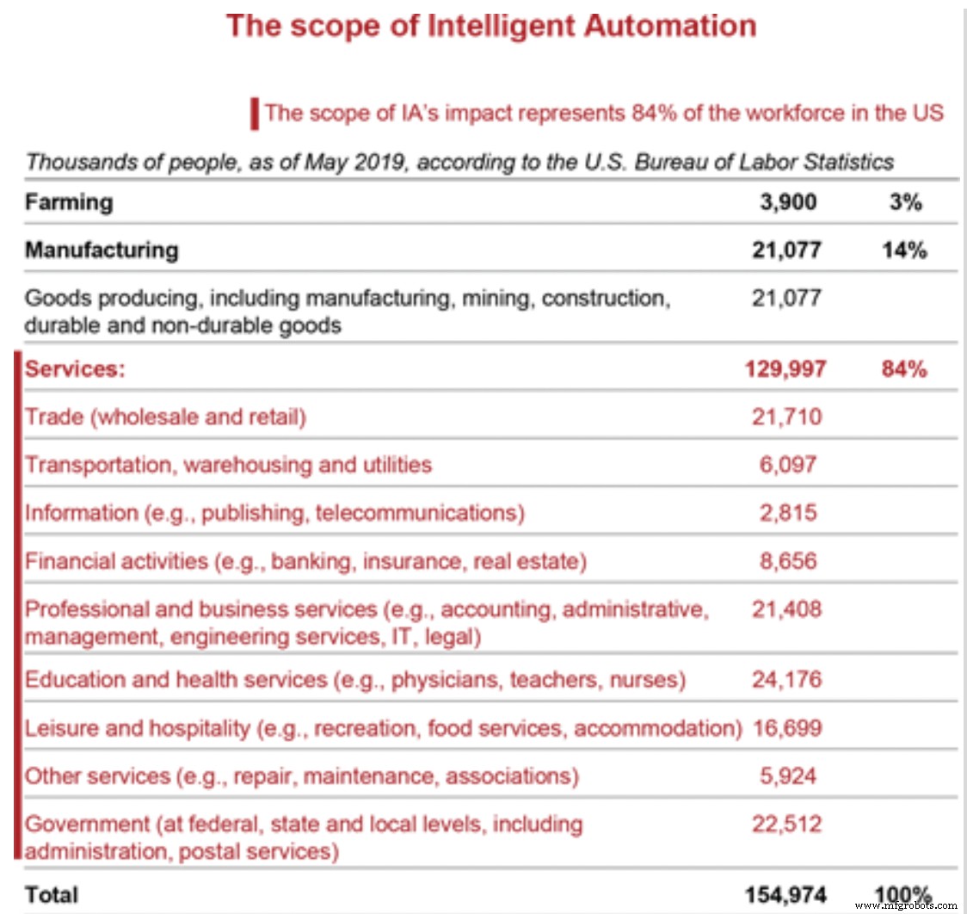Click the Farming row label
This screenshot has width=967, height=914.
tap(69, 202)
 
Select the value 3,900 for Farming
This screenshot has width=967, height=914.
tap(787, 202)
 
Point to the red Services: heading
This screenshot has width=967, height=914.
tap(76, 369)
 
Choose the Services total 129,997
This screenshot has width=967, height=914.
tap(784, 369)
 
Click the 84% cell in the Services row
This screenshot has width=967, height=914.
tap(903, 369)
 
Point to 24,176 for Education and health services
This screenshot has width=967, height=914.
tap(787, 680)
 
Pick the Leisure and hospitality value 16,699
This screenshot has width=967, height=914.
tap(787, 728)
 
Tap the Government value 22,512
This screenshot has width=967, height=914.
tap(787, 824)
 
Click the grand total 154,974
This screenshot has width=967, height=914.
tap(784, 894)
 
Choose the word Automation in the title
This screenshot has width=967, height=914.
tap(670, 25)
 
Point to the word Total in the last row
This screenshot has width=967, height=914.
tap(52, 894)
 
